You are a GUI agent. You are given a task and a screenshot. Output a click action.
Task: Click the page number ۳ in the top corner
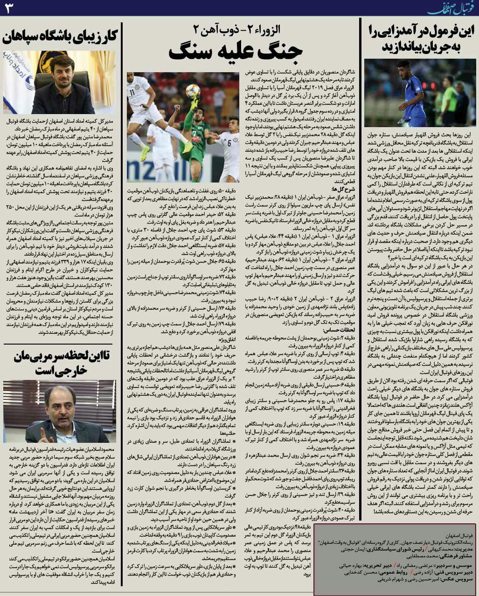pyautogui.click(x=10, y=7)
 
